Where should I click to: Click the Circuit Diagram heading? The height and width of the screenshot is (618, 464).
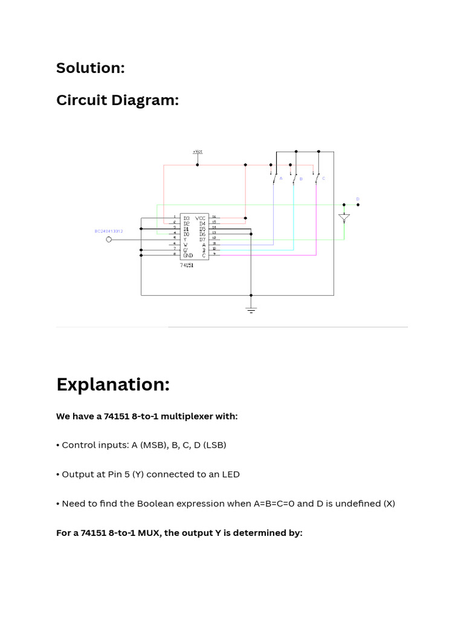coord(117,100)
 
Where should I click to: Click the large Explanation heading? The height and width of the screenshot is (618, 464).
coord(113,384)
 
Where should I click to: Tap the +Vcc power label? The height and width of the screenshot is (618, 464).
coord(198,151)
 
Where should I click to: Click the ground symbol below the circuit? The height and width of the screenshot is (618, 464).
coord(251,309)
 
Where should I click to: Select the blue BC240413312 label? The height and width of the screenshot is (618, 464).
coord(109,231)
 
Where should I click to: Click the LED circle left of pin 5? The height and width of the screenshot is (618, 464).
coord(109,240)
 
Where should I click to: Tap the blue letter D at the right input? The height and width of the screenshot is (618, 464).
coord(357,199)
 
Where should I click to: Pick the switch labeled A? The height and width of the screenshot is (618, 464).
coord(275,178)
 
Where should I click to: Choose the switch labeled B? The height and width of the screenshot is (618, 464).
coord(295,179)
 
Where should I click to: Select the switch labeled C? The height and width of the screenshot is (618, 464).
coord(317,178)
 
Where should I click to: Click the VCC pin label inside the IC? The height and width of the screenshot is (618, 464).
coord(201,217)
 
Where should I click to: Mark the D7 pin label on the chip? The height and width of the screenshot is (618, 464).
coord(202,240)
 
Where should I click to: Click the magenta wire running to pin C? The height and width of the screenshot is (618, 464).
coord(272,255)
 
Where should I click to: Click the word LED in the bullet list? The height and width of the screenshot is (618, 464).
coord(231,474)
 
